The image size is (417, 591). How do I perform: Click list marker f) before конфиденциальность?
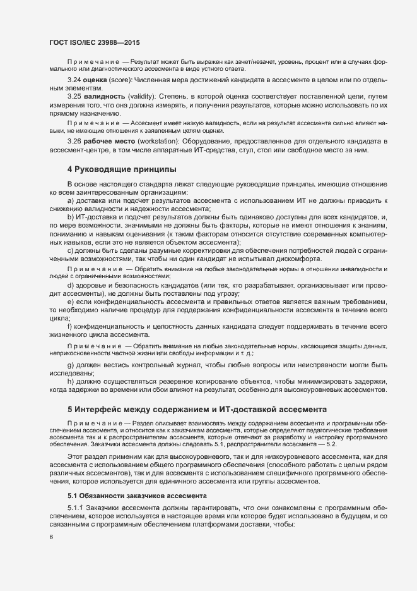70,326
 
